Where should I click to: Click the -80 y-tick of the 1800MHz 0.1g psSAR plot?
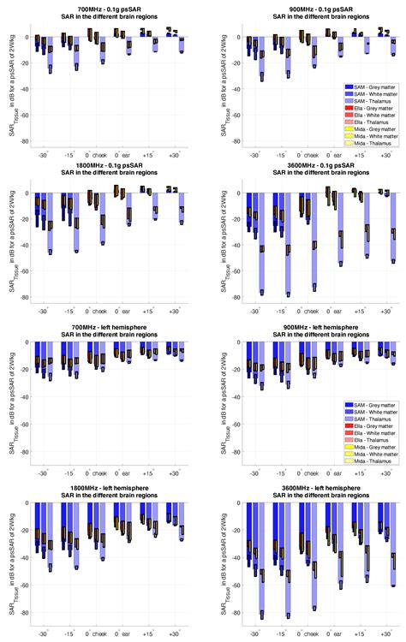pos(26,298)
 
